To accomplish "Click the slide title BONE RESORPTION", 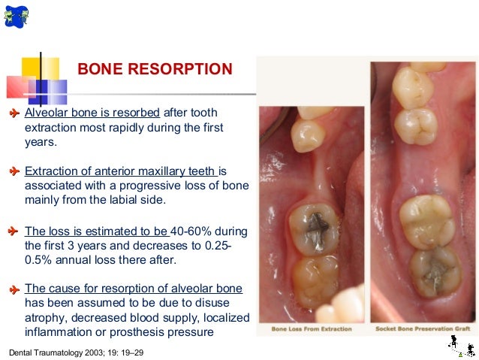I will [x=155, y=70].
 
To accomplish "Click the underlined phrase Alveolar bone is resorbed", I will [x=92, y=113].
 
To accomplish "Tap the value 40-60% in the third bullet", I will [x=196, y=231].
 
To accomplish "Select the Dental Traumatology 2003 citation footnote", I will [x=75, y=351].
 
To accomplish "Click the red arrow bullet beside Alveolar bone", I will [x=13, y=113].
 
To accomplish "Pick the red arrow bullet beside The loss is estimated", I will [x=13, y=231].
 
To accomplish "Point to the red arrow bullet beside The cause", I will [x=13, y=289].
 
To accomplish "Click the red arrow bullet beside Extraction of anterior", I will [x=13, y=171].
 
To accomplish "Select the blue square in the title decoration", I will [x=53, y=91].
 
